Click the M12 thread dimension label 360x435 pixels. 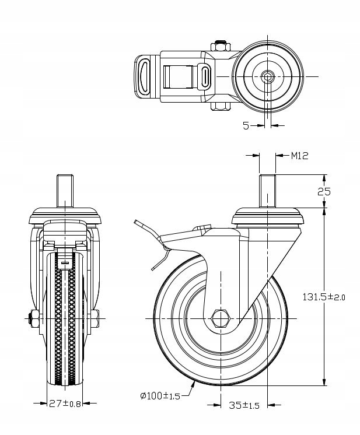[299, 156]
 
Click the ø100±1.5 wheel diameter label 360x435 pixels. [159, 396]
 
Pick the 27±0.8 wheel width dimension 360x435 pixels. [65, 403]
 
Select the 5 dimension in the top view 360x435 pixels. [246, 125]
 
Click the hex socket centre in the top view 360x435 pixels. [268, 76]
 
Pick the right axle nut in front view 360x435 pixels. [93, 318]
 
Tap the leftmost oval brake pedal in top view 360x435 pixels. [144, 75]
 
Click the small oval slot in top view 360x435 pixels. [205, 76]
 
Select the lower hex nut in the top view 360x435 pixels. [220, 106]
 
